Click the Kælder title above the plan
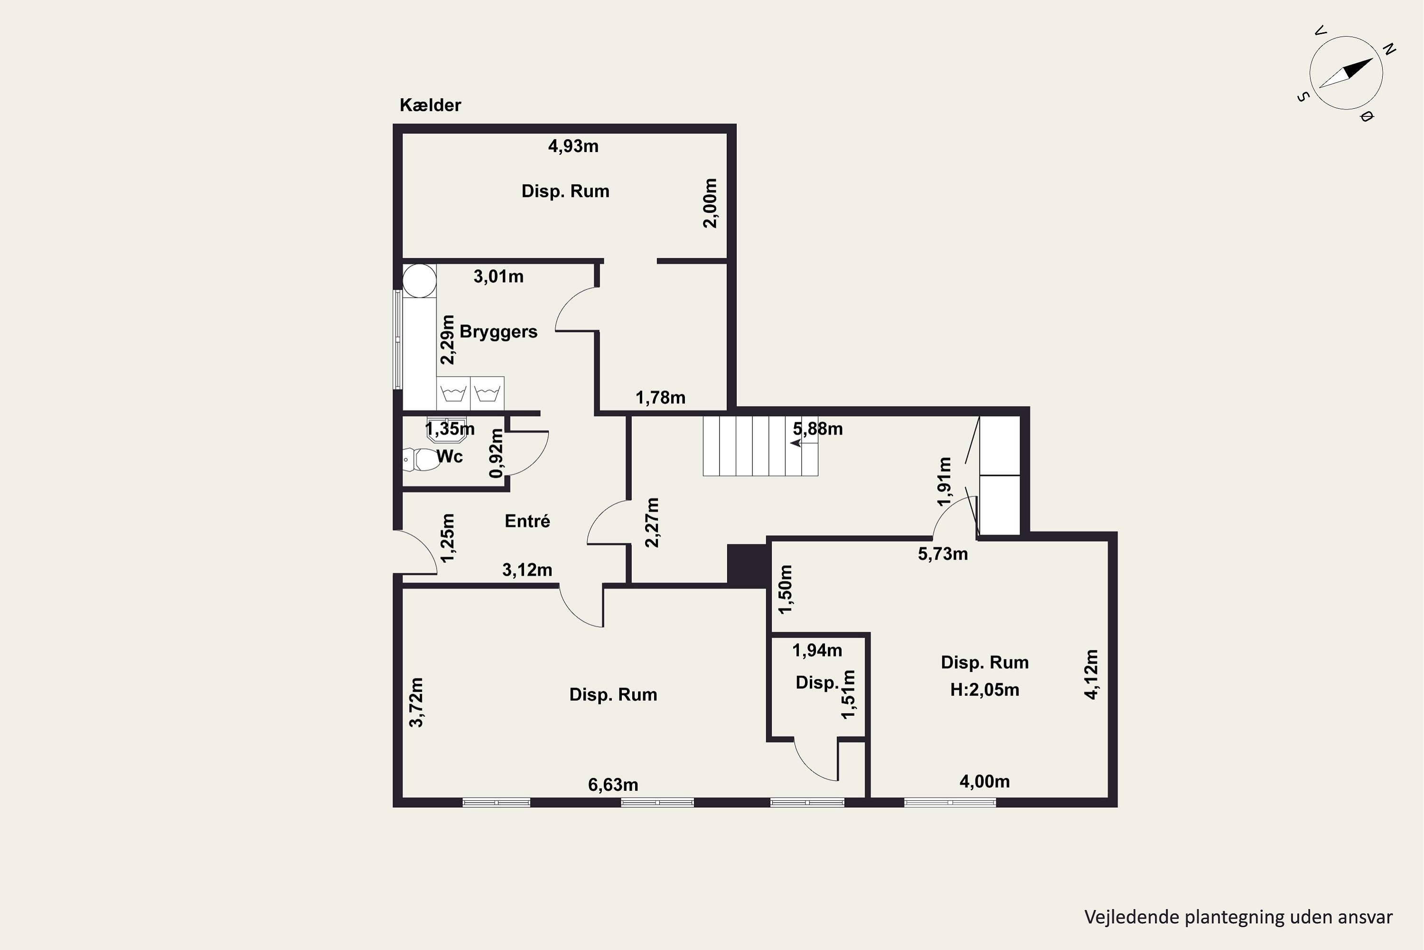[430, 105]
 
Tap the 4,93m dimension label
[573, 146]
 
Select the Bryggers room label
[498, 332]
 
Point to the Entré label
[527, 521]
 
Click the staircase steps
[760, 446]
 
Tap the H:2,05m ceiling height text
[984, 690]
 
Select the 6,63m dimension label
[613, 785]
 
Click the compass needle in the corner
[1346, 73]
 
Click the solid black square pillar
[747, 565]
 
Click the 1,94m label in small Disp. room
[817, 651]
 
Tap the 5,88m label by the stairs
[818, 429]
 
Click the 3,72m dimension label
[417, 702]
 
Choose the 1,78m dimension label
[661, 398]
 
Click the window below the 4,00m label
[950, 803]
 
